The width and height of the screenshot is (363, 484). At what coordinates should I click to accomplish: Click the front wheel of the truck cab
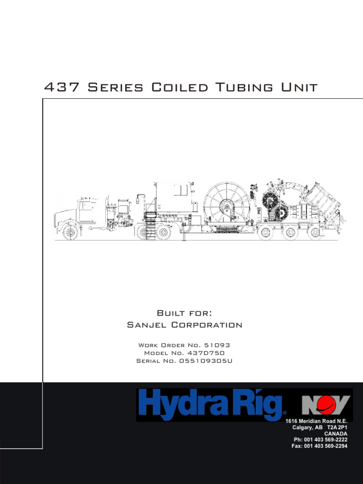click(70, 232)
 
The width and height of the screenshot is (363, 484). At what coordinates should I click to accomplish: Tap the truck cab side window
click(86, 206)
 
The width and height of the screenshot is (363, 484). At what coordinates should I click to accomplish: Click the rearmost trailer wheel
click(315, 233)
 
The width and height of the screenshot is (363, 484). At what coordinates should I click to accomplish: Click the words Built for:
click(184, 313)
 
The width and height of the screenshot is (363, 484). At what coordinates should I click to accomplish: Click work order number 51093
click(216, 345)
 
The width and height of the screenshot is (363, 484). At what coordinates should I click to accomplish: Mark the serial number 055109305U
click(206, 361)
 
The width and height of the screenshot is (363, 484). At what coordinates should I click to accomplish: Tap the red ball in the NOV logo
click(326, 405)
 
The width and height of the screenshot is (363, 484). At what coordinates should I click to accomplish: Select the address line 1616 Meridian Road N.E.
click(316, 421)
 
